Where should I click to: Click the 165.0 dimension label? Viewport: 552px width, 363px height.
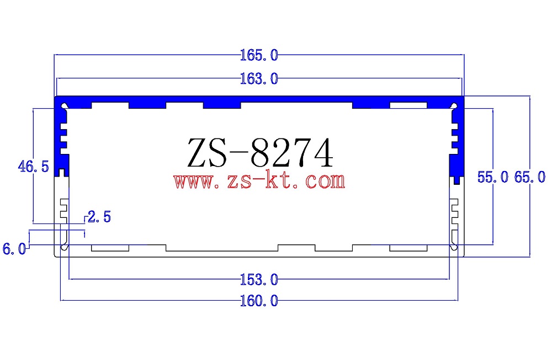point(258,55)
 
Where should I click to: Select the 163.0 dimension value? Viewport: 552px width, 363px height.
point(258,79)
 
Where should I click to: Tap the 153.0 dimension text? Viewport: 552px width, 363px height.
point(258,280)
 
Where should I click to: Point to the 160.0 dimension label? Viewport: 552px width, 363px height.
point(258,301)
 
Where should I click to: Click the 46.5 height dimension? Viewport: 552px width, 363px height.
point(34,166)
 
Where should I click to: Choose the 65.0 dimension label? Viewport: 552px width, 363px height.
point(529,177)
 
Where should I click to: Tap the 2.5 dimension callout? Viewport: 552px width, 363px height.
point(99,217)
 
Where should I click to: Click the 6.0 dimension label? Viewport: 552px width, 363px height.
point(14,249)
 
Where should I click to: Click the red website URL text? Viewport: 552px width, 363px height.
point(259,180)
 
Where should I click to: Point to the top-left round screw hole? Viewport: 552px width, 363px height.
point(65,104)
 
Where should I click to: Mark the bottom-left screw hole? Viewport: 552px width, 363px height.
point(65,248)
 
